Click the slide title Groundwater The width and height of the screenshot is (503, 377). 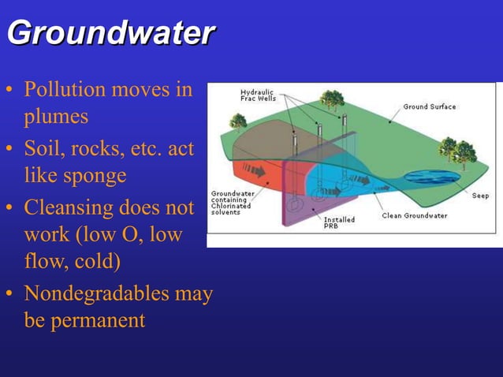click(110, 34)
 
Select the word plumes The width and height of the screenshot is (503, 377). click(56, 117)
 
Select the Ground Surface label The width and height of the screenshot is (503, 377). click(429, 106)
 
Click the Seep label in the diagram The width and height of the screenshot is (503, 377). click(480, 196)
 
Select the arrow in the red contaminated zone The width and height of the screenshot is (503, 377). click(255, 169)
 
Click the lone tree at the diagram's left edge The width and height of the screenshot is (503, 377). click(237, 121)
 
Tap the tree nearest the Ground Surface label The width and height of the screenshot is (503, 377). click(332, 99)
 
